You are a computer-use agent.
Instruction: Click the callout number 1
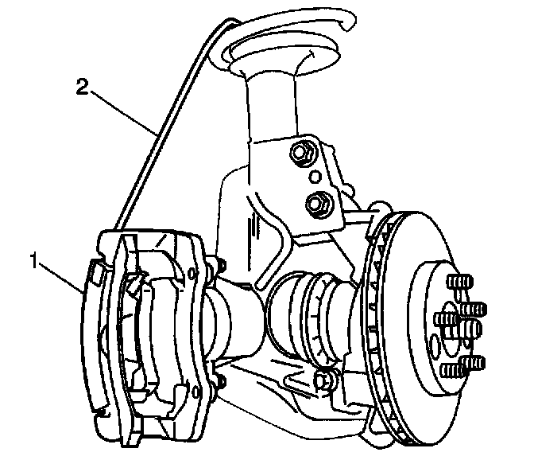pyautogui.click(x=34, y=259)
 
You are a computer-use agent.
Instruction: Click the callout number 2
pyautogui.click(x=82, y=86)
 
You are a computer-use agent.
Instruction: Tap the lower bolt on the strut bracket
pyautogui.click(x=316, y=203)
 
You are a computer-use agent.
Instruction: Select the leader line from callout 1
pyautogui.click(x=60, y=275)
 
